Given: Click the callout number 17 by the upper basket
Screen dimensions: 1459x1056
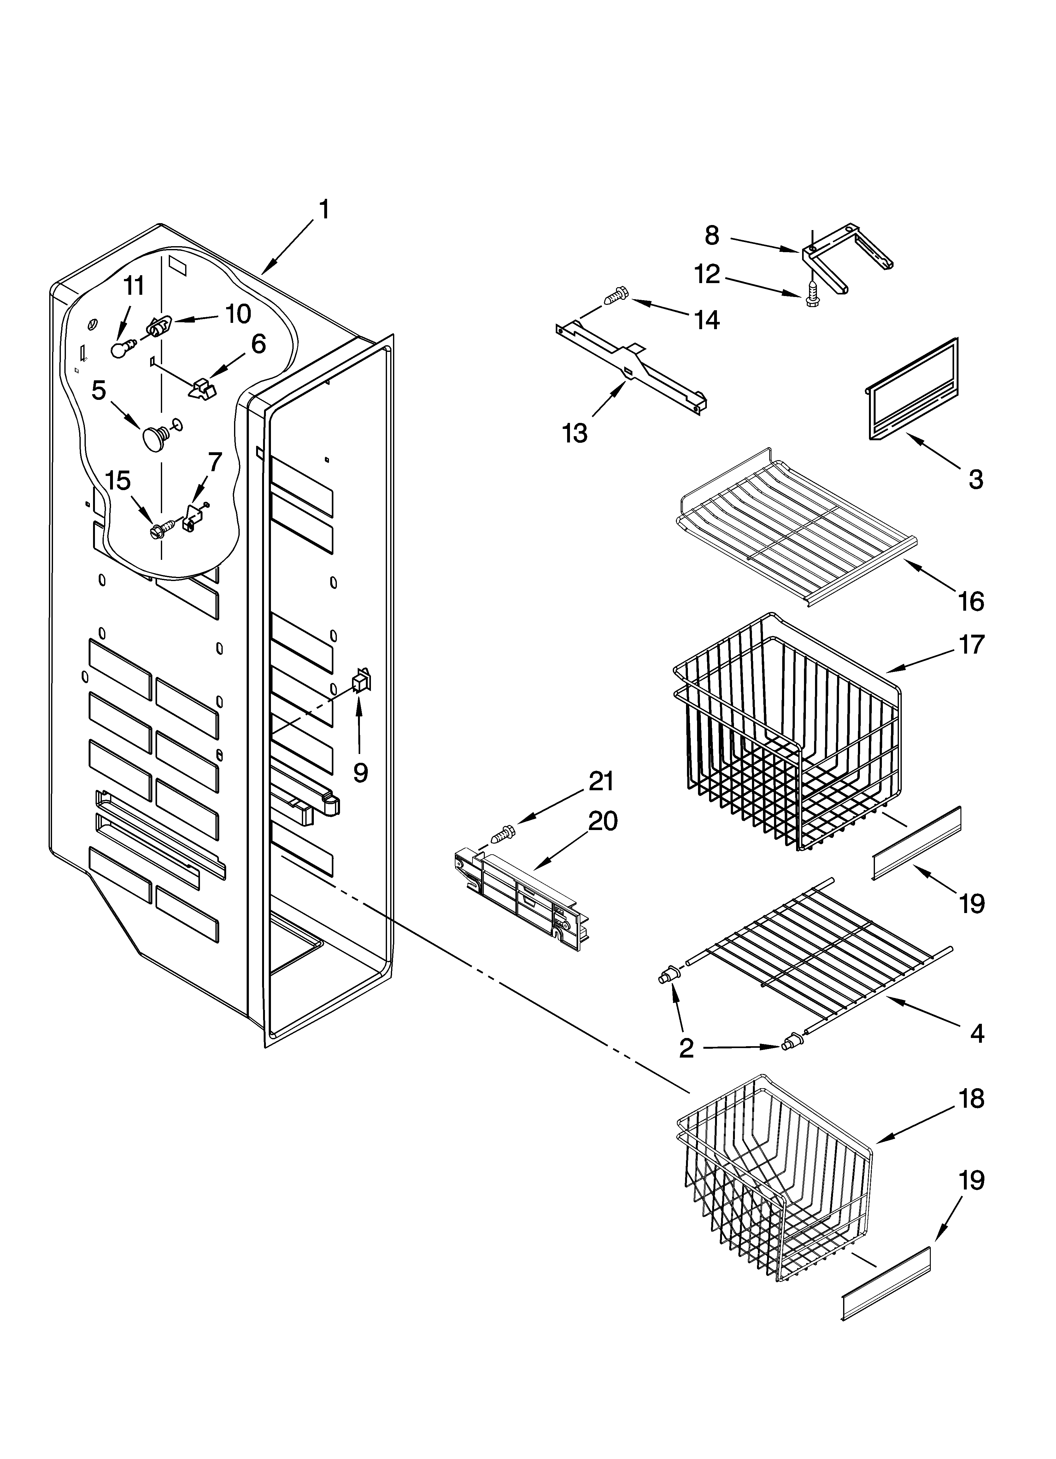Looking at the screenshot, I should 971,644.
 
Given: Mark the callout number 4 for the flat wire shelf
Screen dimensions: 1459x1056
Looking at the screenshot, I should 976,1033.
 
